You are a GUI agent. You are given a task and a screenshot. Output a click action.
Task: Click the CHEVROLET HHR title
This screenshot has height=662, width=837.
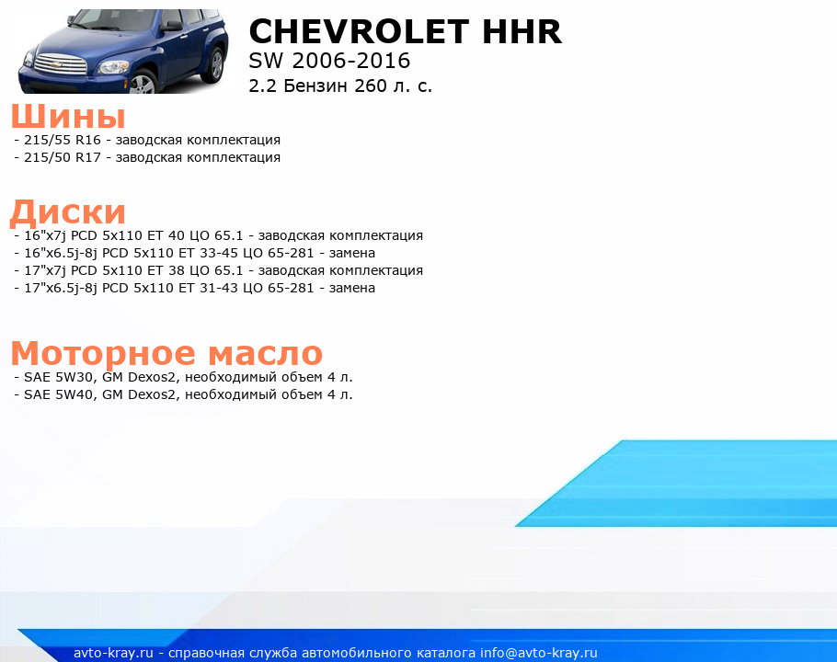tap(405, 31)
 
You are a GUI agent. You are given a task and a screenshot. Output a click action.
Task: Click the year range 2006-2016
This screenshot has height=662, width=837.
tap(350, 61)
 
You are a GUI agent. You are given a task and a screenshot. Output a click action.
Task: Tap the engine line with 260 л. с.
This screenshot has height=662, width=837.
tap(340, 86)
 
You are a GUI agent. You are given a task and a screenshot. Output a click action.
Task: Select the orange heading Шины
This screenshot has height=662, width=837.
tap(68, 116)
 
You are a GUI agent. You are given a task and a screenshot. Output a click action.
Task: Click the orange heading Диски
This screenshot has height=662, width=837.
tap(68, 211)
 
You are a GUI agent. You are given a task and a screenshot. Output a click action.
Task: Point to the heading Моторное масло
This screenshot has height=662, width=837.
tap(166, 353)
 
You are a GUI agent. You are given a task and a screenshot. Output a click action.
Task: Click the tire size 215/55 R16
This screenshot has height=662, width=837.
tap(63, 140)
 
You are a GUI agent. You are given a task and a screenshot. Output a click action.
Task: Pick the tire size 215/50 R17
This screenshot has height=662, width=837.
tap(63, 157)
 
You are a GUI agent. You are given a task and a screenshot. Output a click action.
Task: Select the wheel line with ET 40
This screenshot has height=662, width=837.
tap(218, 235)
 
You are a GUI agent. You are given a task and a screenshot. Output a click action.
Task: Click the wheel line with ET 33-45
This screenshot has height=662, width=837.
tap(195, 253)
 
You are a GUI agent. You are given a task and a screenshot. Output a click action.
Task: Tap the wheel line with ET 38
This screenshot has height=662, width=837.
tap(218, 270)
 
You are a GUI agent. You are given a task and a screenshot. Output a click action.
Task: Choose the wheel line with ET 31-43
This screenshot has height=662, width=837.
tap(195, 288)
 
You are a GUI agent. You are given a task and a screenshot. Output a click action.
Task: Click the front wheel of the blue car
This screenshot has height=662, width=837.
tap(143, 83)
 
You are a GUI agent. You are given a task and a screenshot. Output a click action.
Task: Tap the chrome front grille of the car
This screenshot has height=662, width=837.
tap(61, 64)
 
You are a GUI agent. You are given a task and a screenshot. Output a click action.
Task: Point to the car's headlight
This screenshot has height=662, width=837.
tap(113, 67)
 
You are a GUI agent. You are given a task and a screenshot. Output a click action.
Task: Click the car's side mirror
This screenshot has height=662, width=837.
tap(171, 26)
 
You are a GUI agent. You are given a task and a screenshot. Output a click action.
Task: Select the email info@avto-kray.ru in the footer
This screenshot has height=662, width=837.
tap(539, 653)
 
